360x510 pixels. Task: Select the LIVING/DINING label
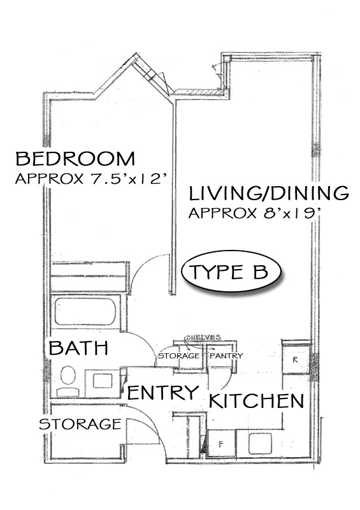click(269, 193)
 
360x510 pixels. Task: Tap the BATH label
click(78, 347)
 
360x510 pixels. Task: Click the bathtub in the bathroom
click(85, 312)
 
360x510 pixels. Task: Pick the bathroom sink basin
click(103, 381)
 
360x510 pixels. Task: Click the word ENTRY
click(163, 392)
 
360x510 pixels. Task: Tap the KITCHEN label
click(256, 401)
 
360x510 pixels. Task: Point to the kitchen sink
click(260, 444)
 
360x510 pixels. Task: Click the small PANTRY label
click(226, 356)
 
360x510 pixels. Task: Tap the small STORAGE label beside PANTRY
click(178, 356)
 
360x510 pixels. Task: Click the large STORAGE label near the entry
click(80, 424)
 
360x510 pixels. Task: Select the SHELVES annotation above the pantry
click(203, 338)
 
